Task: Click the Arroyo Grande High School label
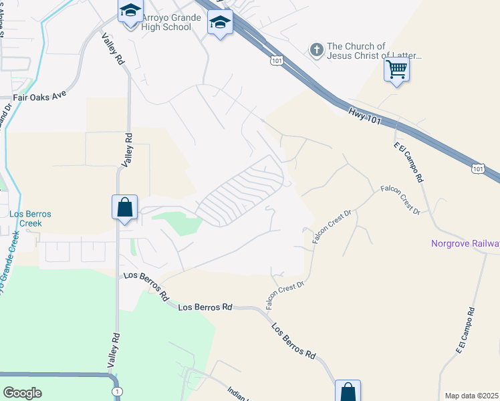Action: click(167, 22)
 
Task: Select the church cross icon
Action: click(317, 49)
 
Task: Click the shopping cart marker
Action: click(396, 69)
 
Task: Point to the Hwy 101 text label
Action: click(365, 114)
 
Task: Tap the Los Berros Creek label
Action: click(30, 219)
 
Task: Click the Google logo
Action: click(23, 392)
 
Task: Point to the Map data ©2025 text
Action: click(472, 396)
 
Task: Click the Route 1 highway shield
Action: click(118, 391)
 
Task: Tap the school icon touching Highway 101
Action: click(220, 23)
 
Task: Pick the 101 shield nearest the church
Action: click(277, 61)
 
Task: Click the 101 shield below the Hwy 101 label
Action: click(477, 169)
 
